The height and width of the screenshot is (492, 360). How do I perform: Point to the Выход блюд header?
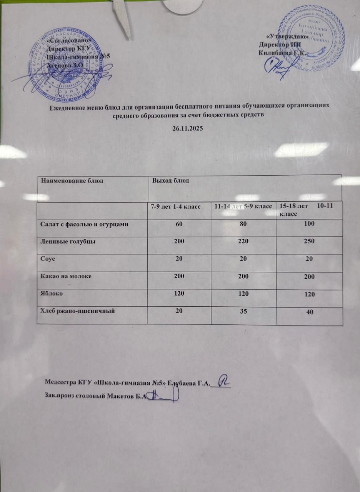[x=170, y=181]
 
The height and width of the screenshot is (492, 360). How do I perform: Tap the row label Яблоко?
[x=52, y=293]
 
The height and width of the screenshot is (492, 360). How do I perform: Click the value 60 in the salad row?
[x=179, y=224]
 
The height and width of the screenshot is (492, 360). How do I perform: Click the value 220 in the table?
[x=244, y=241]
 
